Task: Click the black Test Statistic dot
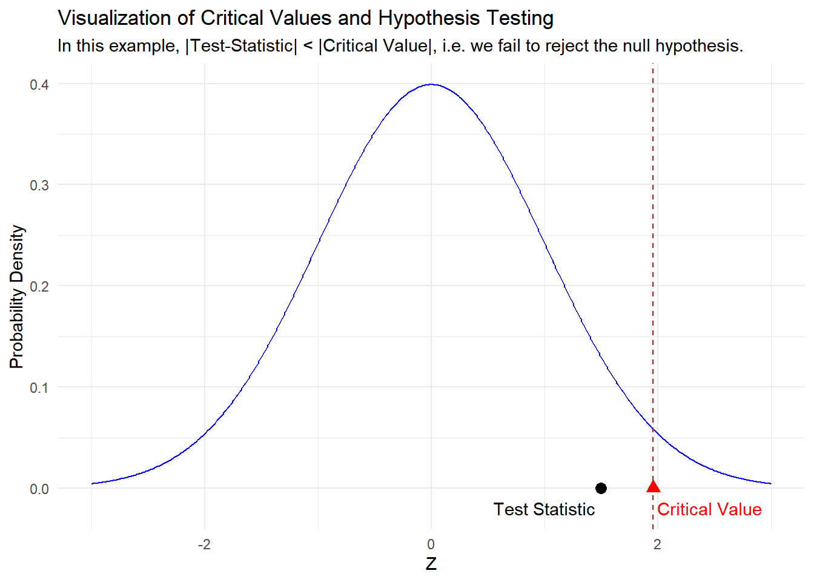(x=601, y=488)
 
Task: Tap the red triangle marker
(x=653, y=487)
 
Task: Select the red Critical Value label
(x=709, y=509)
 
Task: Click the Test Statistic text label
(x=544, y=509)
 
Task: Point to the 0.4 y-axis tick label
(x=39, y=85)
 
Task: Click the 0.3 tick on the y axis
(x=39, y=186)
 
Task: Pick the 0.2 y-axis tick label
(x=39, y=287)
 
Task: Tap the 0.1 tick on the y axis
(x=39, y=388)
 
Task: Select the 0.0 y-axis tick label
(x=39, y=489)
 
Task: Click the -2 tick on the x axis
(x=204, y=544)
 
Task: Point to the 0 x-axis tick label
(x=431, y=544)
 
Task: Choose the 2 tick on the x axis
(x=657, y=544)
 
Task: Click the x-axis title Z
(x=431, y=563)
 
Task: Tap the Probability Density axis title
(x=16, y=296)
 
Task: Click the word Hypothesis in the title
(x=429, y=18)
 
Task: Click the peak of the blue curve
(x=431, y=84)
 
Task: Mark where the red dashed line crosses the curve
(x=653, y=429)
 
